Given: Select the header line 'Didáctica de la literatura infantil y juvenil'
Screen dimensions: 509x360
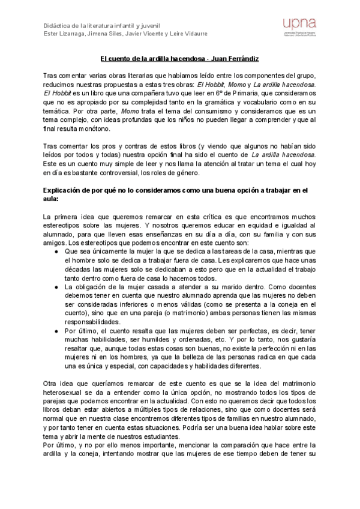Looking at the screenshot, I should point(100,25).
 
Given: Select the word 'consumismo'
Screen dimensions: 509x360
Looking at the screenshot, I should point(193,112).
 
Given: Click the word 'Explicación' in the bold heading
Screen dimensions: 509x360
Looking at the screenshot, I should point(65,190).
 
